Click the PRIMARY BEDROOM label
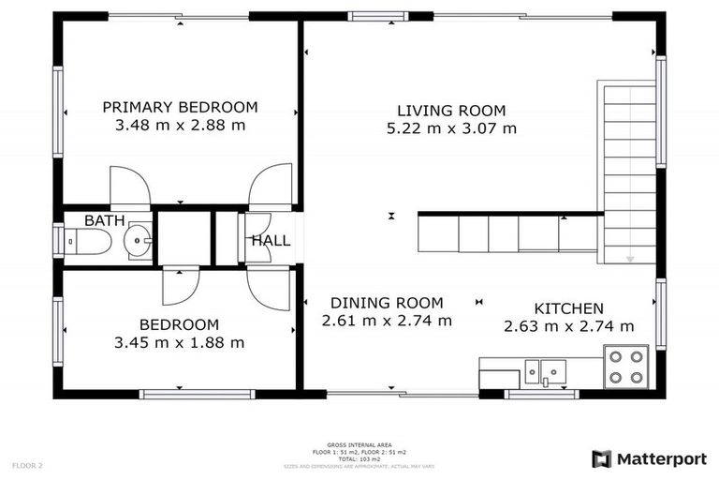pos(180,107)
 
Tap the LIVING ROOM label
pos(451,110)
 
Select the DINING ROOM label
pos(387,303)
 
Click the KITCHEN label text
pos(568,308)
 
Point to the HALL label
pos(271,241)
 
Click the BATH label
pos(103,220)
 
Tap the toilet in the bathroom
pos(89,242)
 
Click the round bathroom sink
pos(139,242)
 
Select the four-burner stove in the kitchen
pos(625,367)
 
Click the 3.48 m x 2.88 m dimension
pos(180,125)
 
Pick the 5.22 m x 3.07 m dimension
pos(451,128)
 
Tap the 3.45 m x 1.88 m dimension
pos(179,343)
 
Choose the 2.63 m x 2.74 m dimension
pos(568,326)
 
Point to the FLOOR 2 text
pos(27,465)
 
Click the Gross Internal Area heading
pos(359,444)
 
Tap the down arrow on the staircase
pos(630,258)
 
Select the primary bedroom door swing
pos(129,187)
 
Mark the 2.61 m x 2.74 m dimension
pos(387,321)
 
